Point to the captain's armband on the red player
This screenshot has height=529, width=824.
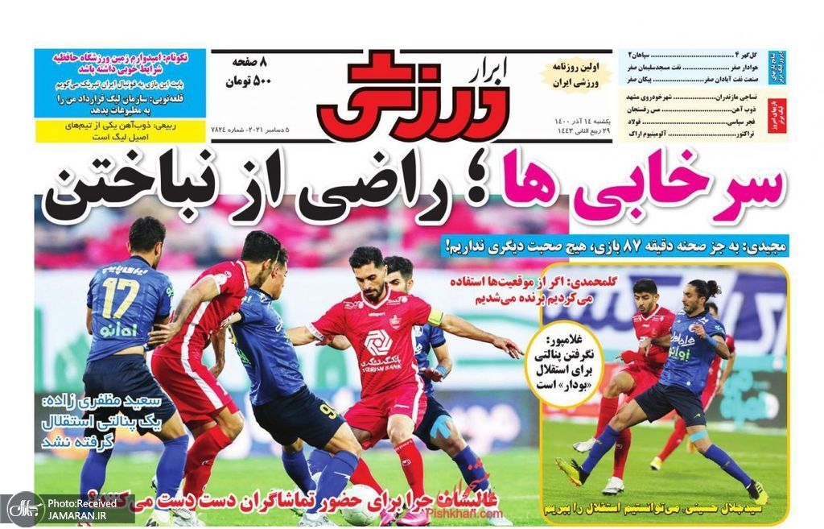(x=435, y=318)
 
